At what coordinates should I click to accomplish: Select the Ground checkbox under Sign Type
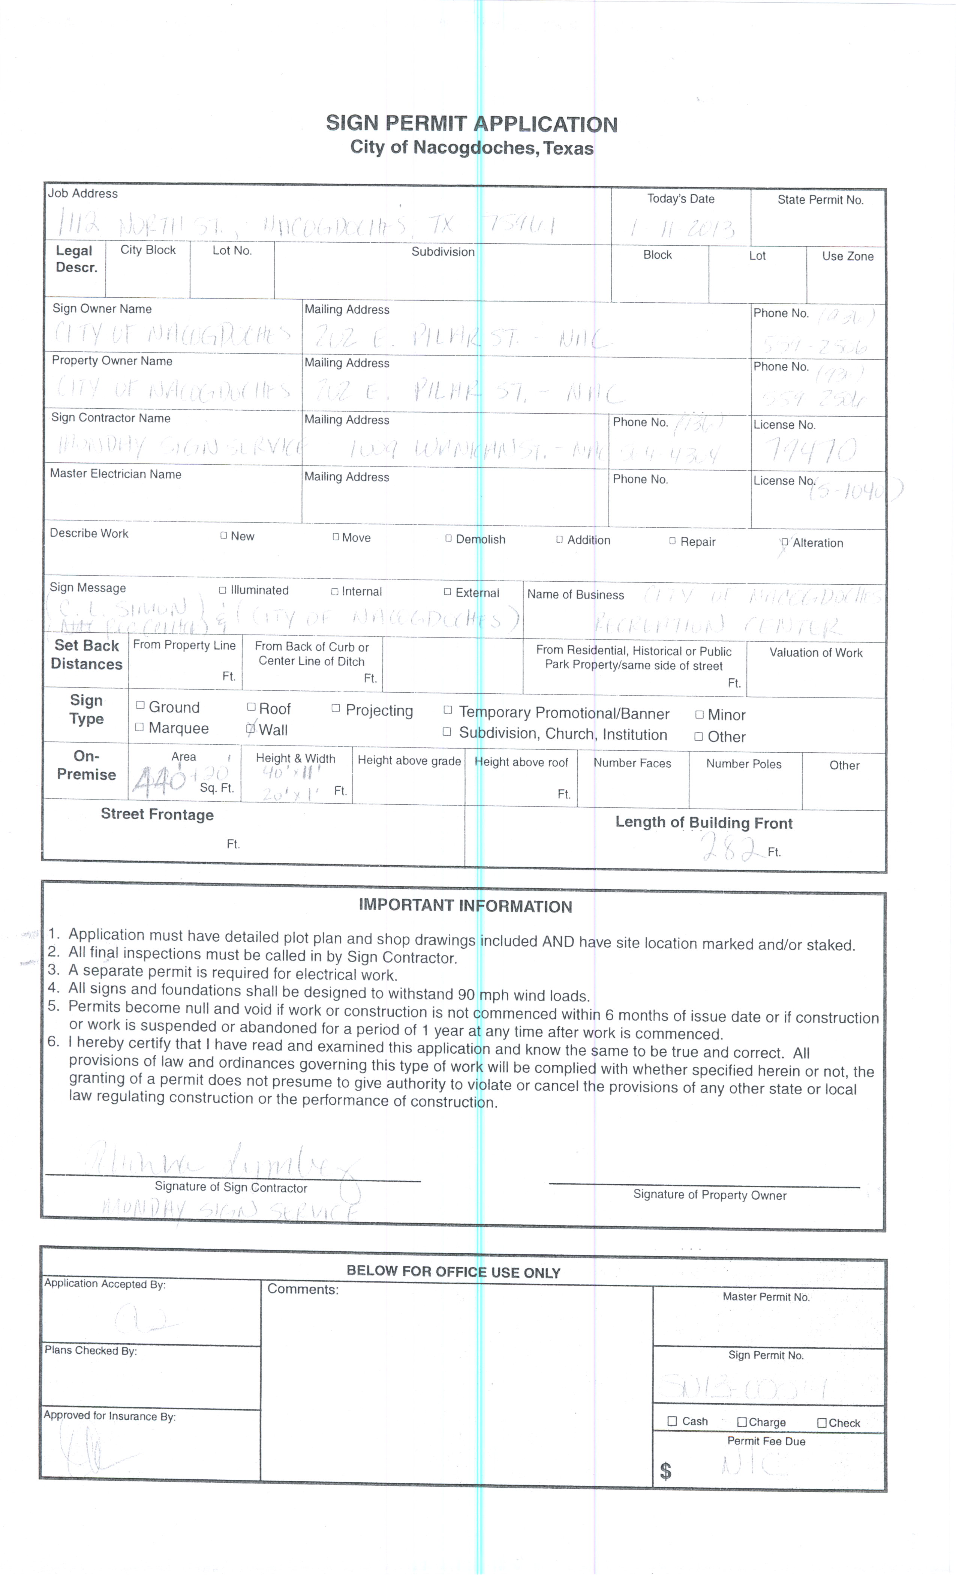140,706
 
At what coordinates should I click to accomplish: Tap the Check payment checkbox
822,1422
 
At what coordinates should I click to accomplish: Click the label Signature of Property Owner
709,1195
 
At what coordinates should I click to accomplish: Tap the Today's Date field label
680,199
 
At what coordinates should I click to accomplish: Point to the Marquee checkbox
139,727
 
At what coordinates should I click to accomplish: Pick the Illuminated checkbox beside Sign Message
222,590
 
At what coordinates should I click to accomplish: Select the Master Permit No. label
766,1296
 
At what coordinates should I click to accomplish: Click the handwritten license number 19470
812,451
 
